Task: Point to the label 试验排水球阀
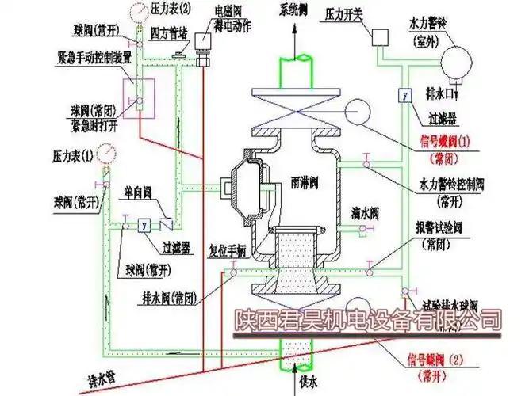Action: (x=450, y=304)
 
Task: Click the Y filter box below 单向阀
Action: (x=144, y=225)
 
